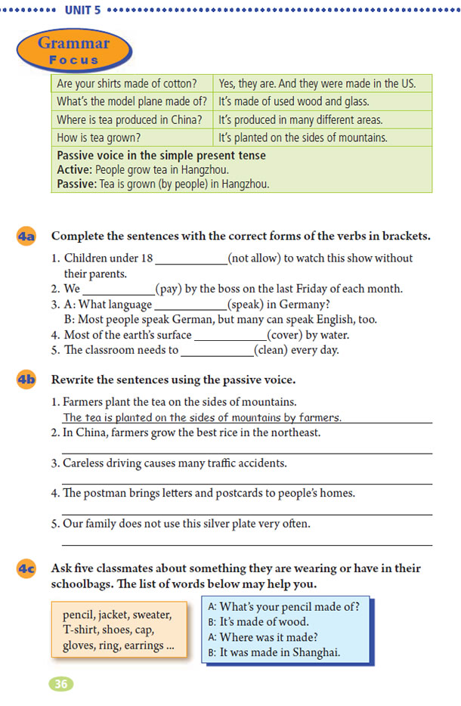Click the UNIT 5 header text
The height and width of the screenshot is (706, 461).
click(x=83, y=11)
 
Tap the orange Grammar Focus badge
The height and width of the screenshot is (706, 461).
click(x=74, y=51)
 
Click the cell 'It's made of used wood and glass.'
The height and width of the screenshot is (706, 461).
click(x=300, y=101)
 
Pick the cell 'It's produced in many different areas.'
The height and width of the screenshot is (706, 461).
click(x=300, y=119)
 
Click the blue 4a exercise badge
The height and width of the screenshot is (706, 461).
click(x=26, y=236)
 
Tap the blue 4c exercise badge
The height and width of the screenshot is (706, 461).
click(x=26, y=568)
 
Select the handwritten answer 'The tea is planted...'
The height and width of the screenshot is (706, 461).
click(x=202, y=417)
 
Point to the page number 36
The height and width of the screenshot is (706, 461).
click(x=60, y=684)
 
